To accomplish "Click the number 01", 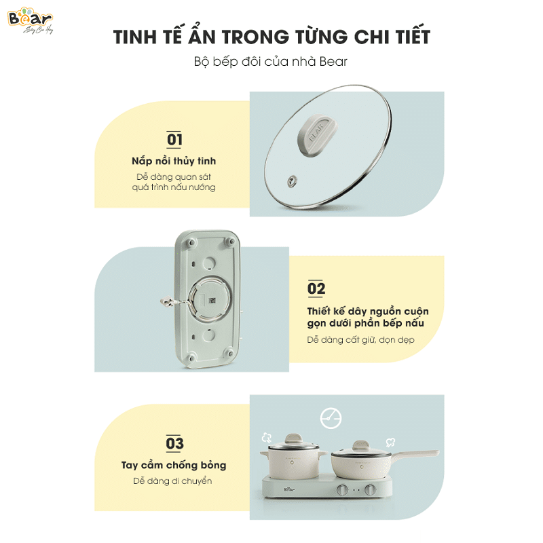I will [174, 140].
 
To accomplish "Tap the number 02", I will [316, 288].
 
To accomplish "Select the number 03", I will [174, 444].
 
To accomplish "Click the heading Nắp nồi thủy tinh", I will [174, 162].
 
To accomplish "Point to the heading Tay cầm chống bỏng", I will [174, 466].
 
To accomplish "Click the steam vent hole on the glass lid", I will [293, 180].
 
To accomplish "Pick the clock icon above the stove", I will [331, 418].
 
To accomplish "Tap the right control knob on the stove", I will [371, 490].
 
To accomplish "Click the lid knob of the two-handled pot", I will [293, 437].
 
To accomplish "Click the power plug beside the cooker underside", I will [168, 301].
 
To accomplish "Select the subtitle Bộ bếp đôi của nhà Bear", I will [271, 62].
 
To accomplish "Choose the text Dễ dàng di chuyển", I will [174, 481].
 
